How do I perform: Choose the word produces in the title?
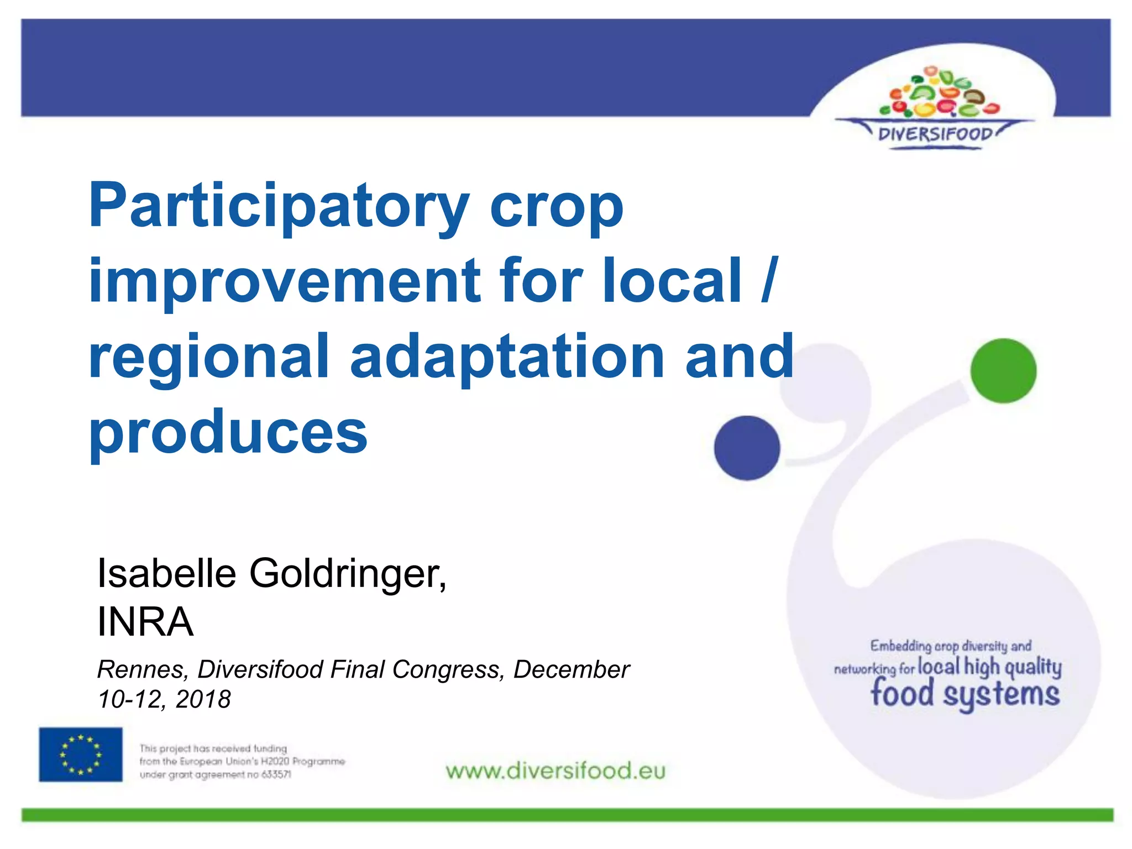coord(228,432)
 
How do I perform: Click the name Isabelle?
coord(166,573)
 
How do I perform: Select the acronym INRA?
coord(145,622)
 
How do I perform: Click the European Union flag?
coord(81,754)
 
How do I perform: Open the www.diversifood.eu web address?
coord(555,771)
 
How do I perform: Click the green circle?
coord(1003,370)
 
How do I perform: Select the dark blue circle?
coord(747,448)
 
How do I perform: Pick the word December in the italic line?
coord(572,670)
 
